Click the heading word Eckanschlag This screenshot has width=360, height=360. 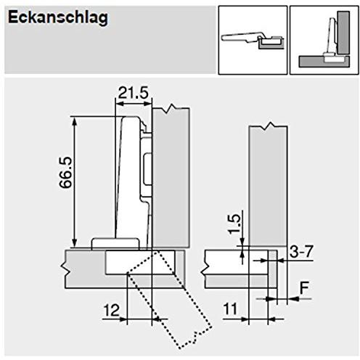pyautogui.click(x=58, y=18)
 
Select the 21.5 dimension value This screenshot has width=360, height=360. pyautogui.click(x=133, y=93)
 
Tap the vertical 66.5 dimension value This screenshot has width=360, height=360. pyautogui.click(x=66, y=172)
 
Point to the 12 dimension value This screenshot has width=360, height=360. pyautogui.click(x=112, y=311)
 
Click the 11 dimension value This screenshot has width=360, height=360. pyautogui.click(x=230, y=309)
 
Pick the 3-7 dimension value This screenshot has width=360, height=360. pyautogui.click(x=301, y=252)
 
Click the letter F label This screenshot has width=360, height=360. pyautogui.click(x=304, y=288)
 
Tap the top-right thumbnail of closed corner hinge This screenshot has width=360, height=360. pyautogui.click(x=324, y=40)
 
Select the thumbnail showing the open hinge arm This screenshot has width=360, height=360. pyautogui.click(x=253, y=40)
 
